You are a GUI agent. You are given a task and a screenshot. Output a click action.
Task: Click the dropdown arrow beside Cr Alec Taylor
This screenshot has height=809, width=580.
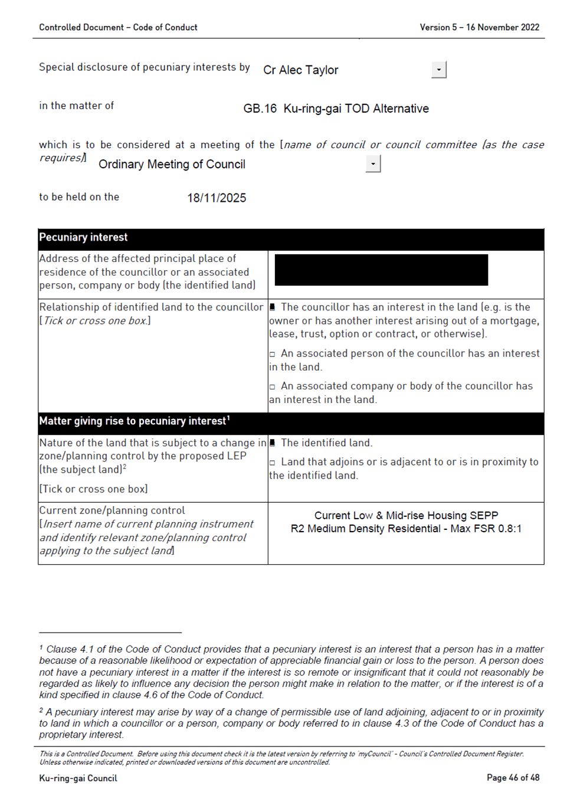tap(438, 70)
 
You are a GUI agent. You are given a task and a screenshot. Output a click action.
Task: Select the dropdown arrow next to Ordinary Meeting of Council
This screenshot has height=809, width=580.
tap(373, 164)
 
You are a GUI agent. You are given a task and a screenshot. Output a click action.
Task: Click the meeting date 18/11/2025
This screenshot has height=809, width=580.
tap(217, 198)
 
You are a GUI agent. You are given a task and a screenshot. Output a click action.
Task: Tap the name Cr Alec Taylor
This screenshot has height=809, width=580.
tap(300, 70)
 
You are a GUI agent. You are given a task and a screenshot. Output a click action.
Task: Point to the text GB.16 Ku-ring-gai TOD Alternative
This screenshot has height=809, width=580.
tap(336, 109)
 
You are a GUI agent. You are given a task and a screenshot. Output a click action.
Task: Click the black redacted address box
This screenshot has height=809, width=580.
tap(381, 270)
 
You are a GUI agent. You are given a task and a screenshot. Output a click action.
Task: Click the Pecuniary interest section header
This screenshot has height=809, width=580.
tap(83, 237)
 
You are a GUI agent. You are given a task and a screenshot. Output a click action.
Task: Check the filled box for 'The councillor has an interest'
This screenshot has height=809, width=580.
tap(273, 307)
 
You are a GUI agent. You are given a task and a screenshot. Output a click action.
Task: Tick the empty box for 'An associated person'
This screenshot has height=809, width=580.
tap(273, 354)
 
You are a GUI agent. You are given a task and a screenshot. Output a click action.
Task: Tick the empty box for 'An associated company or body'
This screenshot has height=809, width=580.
tap(273, 387)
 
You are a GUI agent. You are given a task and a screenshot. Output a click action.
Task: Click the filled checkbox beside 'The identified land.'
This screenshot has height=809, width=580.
tap(273, 443)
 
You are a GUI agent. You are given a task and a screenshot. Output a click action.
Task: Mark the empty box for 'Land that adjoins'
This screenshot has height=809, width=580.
tap(273, 463)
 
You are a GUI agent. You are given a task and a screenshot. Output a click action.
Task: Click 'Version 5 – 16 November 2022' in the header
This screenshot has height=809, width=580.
tap(479, 27)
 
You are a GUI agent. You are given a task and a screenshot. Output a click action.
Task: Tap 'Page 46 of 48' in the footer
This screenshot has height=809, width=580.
tap(513, 778)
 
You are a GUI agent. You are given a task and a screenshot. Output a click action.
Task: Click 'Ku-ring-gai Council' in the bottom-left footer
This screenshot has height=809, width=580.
tap(78, 778)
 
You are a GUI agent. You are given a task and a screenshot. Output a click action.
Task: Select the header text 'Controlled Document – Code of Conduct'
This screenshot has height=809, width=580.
tap(118, 27)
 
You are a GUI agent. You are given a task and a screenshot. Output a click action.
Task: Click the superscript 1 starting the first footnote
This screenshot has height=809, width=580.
tap(41, 647)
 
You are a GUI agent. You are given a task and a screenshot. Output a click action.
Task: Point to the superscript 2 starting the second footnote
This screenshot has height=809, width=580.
tap(41, 710)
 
